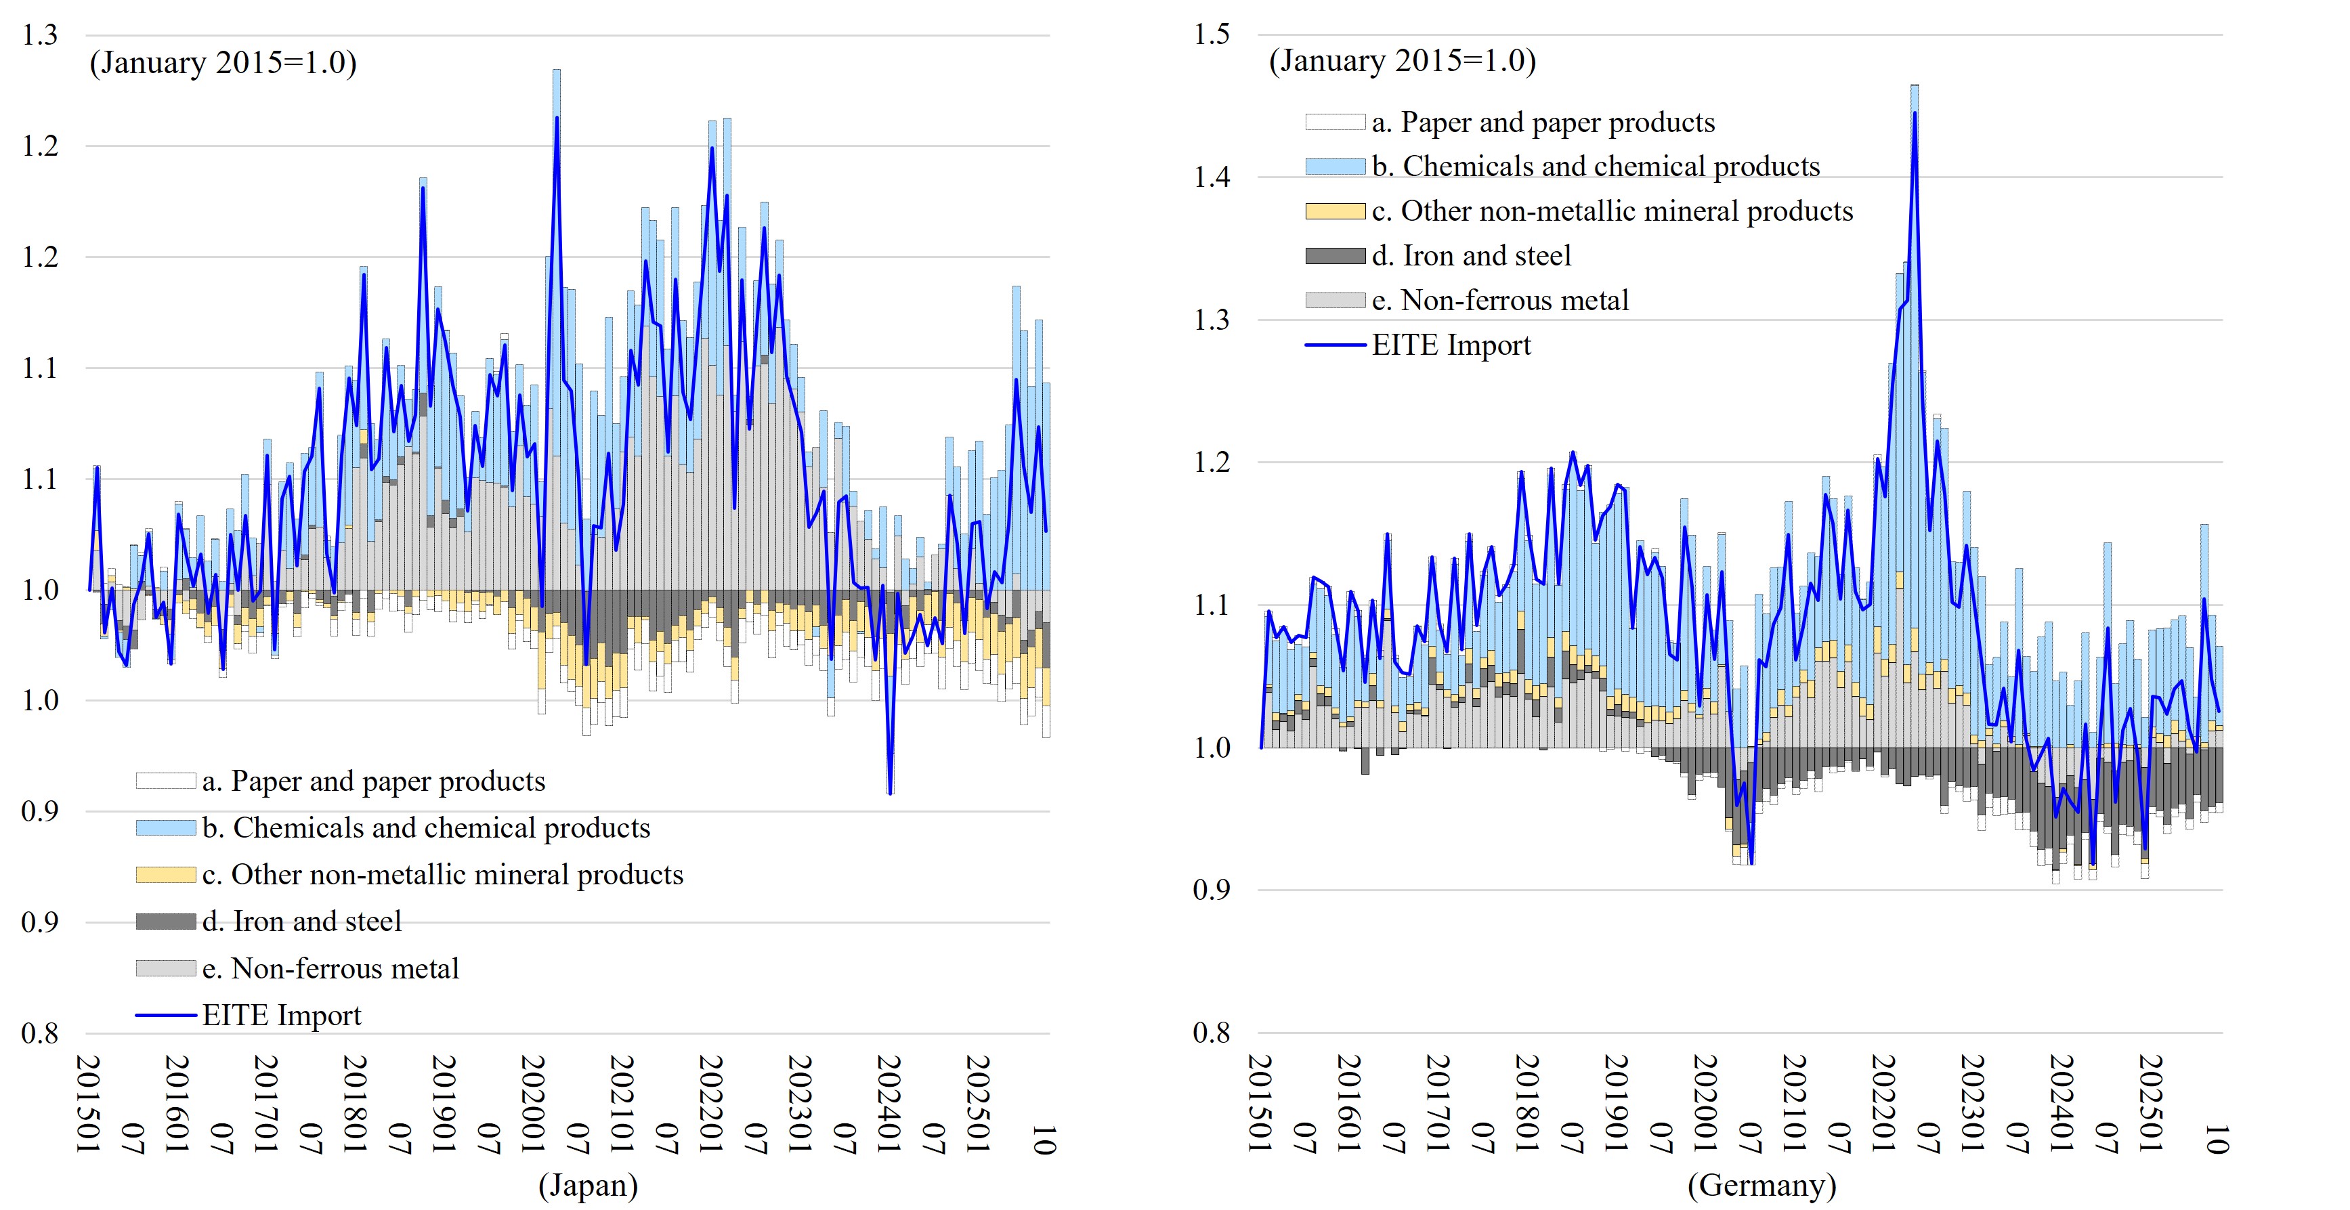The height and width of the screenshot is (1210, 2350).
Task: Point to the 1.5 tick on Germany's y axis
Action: (1212, 35)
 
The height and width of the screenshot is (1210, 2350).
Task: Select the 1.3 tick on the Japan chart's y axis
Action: (40, 35)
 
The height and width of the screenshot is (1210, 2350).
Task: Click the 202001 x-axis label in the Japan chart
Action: (533, 1103)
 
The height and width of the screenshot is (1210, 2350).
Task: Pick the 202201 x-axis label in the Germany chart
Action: (1884, 1103)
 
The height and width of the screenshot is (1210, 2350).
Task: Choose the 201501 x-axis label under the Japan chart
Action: (89, 1103)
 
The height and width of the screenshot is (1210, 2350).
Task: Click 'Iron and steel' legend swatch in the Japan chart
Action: (165, 922)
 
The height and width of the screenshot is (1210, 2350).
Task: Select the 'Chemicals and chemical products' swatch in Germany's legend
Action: (1335, 166)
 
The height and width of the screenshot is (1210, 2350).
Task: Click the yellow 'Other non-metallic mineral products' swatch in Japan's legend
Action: (165, 874)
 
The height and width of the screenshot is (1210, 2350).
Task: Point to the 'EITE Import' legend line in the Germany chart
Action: (1335, 345)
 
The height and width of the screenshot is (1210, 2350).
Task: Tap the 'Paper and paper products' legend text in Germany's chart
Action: (1543, 122)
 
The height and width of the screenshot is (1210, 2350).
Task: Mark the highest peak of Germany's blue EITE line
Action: (1914, 113)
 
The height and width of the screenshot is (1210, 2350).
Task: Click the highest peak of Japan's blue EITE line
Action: (557, 118)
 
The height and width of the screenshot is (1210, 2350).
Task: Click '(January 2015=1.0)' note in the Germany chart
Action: (1402, 61)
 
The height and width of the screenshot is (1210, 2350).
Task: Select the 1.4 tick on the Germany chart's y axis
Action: (1212, 177)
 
